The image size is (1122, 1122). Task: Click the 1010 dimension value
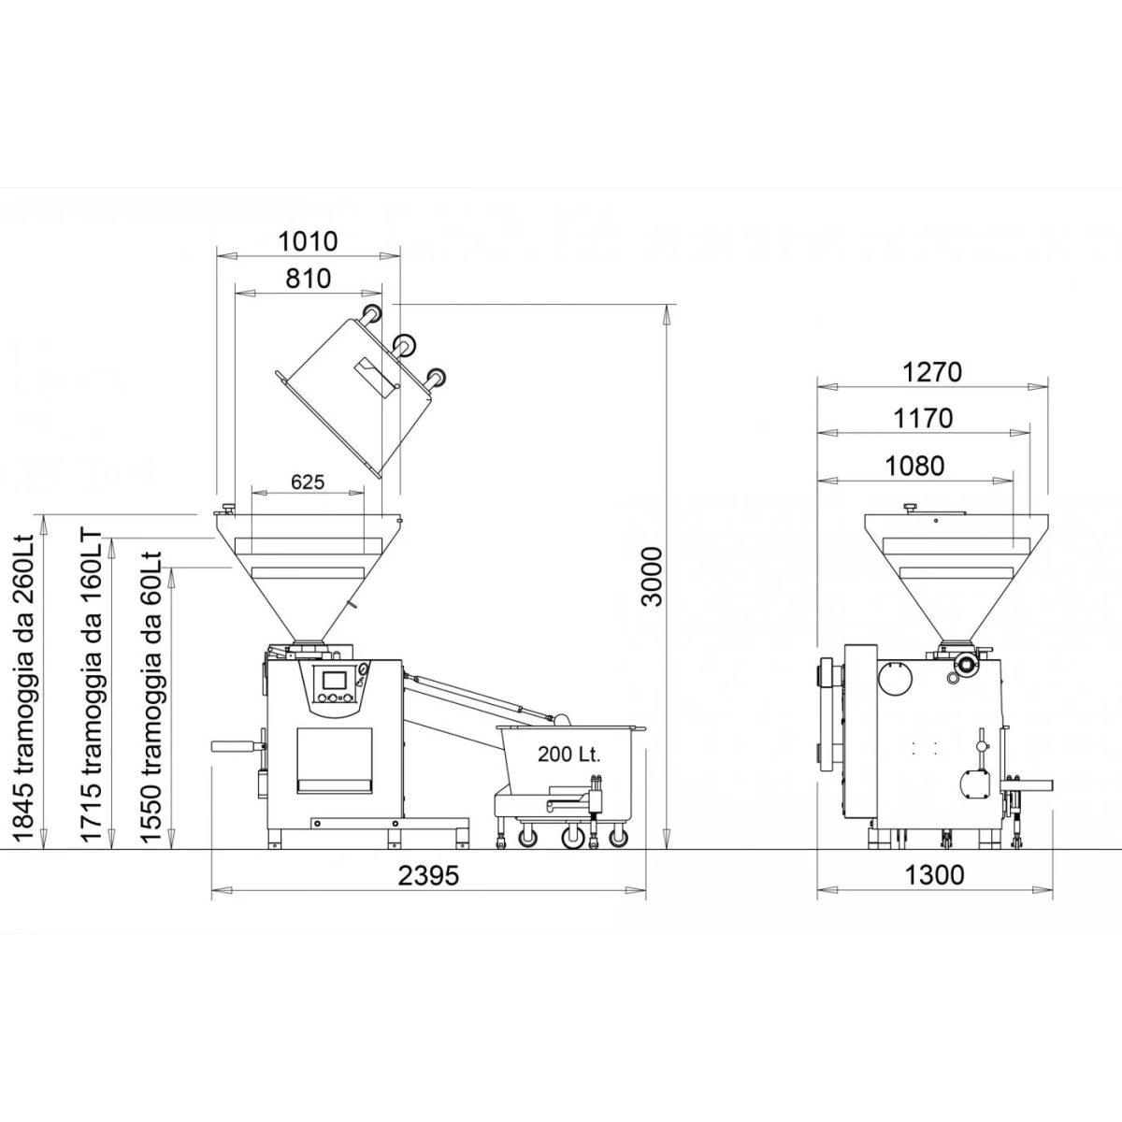[308, 241]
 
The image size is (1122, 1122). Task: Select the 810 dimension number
[308, 279]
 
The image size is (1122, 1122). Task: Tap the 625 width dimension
[308, 482]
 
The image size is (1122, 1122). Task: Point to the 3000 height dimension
[653, 577]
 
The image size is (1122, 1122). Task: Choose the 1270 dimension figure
[932, 373]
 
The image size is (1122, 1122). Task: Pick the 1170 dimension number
[923, 419]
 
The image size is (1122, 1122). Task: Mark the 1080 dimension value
[914, 466]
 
